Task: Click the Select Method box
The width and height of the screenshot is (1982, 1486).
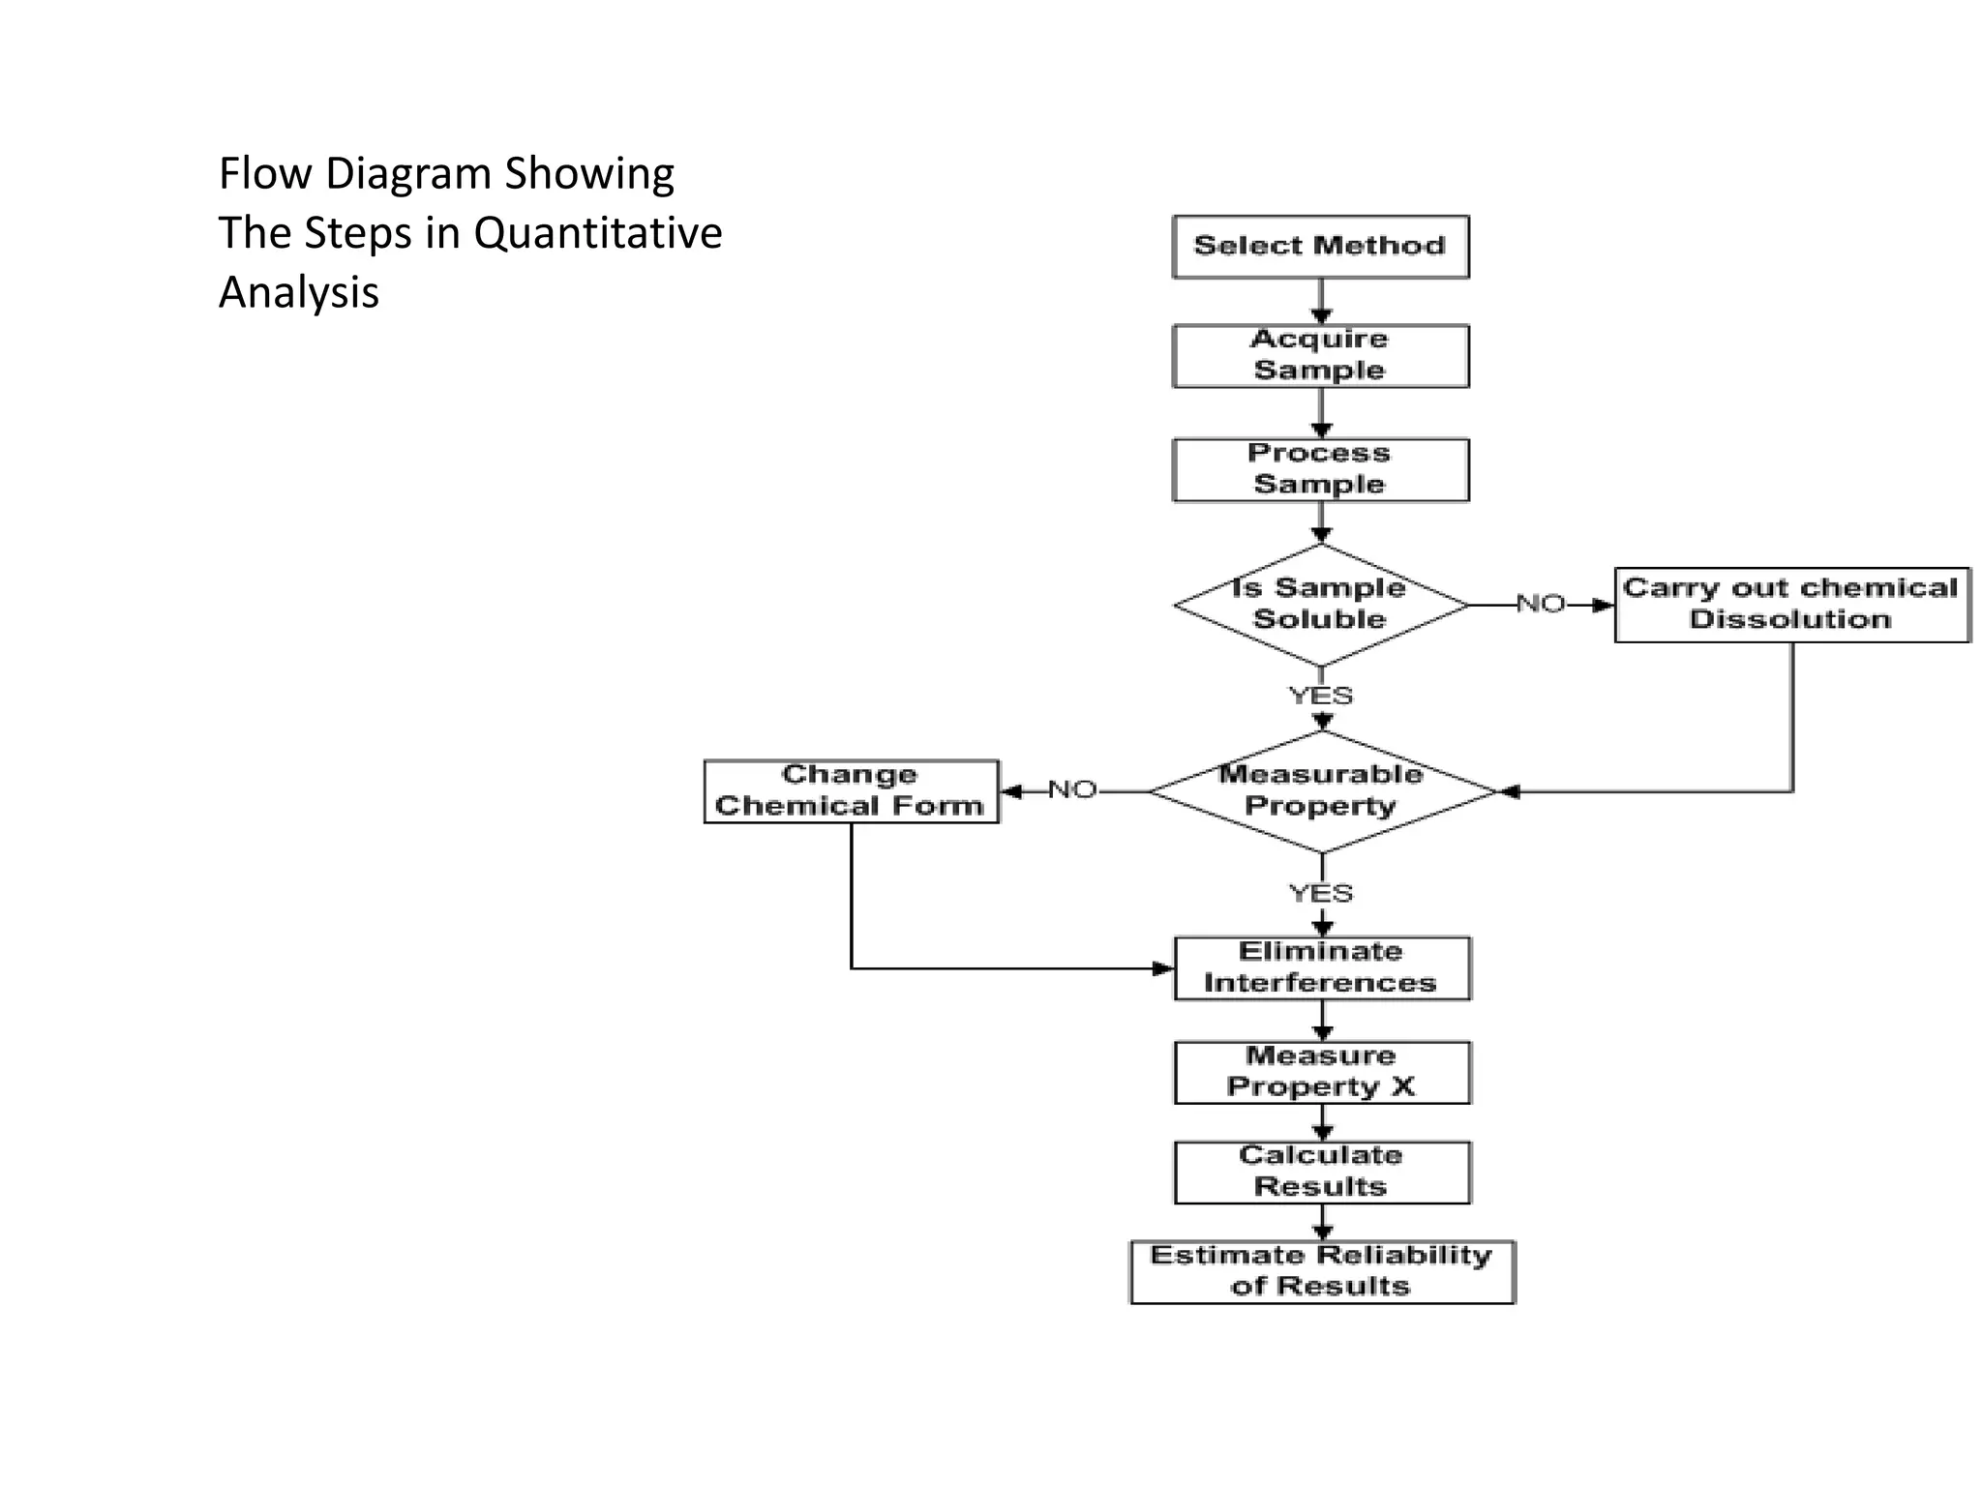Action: [x=1320, y=247]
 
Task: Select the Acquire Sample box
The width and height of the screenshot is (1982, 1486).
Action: [x=1320, y=356]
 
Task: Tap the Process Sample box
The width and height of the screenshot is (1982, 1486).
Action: [x=1320, y=470]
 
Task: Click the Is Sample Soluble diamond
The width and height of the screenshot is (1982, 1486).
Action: [x=1320, y=605]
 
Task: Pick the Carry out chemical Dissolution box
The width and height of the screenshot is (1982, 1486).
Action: [x=1791, y=605]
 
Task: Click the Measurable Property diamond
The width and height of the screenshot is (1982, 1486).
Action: [x=1322, y=791]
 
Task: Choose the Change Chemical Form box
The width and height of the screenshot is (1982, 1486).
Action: [x=851, y=791]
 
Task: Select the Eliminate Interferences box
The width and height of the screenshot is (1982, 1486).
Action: [x=1322, y=967]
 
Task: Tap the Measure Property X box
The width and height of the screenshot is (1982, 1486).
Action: [x=1322, y=1072]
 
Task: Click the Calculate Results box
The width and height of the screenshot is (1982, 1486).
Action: [x=1322, y=1172]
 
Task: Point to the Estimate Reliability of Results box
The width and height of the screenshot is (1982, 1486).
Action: [x=1322, y=1271]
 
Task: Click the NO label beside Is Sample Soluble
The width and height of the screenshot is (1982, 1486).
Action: [x=1541, y=604]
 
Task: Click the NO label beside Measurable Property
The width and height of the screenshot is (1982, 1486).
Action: [x=1072, y=790]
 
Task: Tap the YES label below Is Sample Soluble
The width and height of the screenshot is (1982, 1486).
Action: [x=1321, y=696]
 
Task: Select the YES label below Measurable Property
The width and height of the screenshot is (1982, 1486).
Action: [x=1321, y=893]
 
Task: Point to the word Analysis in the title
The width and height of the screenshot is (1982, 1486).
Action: [x=298, y=292]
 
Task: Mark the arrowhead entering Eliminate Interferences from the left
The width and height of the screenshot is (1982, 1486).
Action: [x=1164, y=968]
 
